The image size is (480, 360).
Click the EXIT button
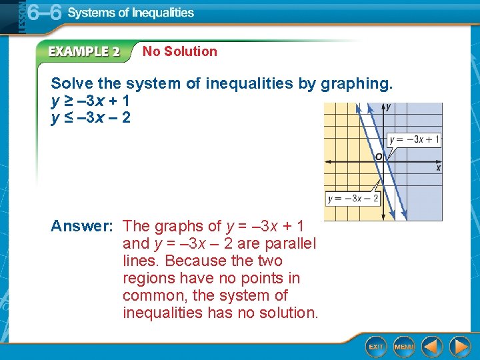point(377,347)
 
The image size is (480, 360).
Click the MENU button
point(405,347)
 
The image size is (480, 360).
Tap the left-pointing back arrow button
point(432,347)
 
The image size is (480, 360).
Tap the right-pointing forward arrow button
point(459,347)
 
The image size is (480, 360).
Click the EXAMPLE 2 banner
point(83,51)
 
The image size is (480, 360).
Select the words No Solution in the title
point(180,51)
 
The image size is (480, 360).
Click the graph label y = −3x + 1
point(414,139)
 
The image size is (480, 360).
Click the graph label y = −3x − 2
point(353,199)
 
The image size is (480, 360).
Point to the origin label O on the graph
point(378,156)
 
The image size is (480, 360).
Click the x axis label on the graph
point(438,168)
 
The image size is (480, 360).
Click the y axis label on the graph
point(389,107)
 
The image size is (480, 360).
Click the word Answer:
point(81,226)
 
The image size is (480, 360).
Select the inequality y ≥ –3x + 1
point(91,101)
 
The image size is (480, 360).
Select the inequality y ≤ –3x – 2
point(91,118)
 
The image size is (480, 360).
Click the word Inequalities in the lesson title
point(161,13)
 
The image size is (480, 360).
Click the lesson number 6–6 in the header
point(44,13)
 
